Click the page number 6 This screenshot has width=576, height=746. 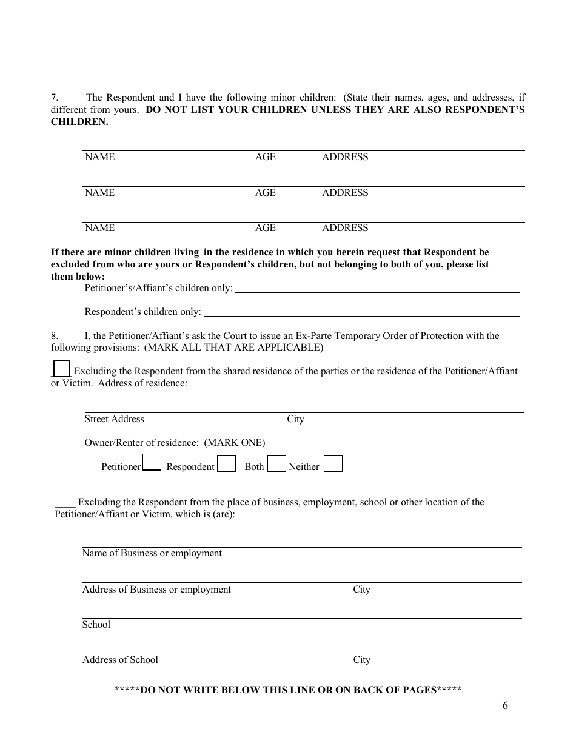pos(505,705)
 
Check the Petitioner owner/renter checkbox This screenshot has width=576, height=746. pos(152,463)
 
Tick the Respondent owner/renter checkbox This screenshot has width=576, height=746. pos(227,464)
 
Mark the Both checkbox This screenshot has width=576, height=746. pos(276,464)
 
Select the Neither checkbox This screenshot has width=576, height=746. pos(333,464)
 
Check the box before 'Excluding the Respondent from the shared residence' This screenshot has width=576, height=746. pos(61,368)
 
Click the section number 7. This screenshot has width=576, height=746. pos(54,97)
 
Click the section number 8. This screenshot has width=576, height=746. pos(54,335)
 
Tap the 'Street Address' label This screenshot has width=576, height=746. pos(114,419)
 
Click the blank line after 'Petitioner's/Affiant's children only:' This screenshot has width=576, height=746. pos(377,289)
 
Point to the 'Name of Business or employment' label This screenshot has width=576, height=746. pos(152,553)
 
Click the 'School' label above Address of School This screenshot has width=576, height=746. pos(96,625)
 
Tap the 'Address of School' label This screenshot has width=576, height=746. pos(120,660)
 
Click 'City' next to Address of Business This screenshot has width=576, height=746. pos(361,590)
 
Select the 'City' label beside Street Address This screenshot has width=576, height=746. pos(295,419)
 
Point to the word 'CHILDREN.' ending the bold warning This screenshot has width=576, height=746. pos(79,122)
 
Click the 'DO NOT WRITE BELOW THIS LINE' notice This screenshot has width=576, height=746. pos(288,690)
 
